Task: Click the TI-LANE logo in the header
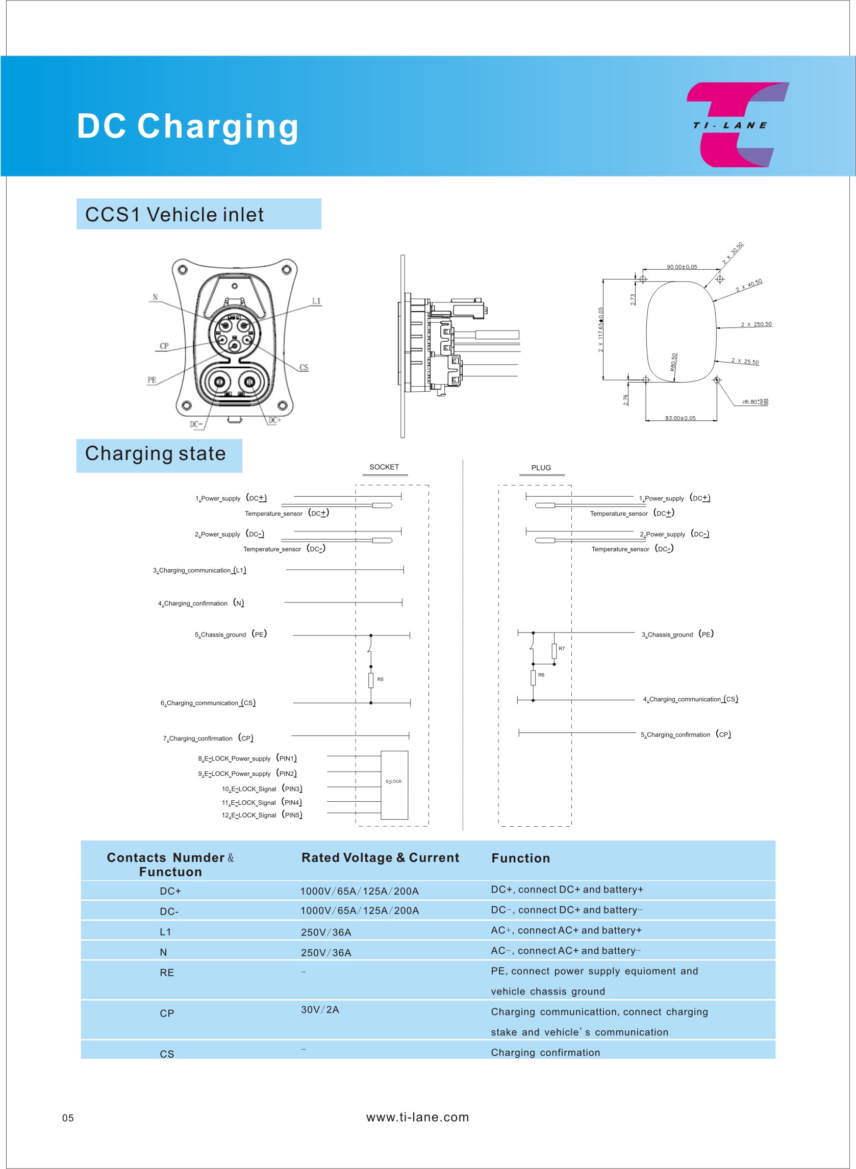tap(736, 125)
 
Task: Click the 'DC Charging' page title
tap(188, 126)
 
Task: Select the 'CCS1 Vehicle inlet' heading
tap(174, 214)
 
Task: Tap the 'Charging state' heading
tap(156, 454)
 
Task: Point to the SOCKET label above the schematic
tap(384, 467)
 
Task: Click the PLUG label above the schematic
tap(541, 468)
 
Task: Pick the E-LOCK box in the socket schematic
tap(394, 784)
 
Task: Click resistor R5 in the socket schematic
tap(371, 679)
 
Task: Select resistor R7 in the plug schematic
tap(555, 650)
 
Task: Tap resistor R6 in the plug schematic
tap(533, 677)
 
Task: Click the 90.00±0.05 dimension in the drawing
tap(682, 267)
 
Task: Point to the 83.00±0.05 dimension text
tap(681, 418)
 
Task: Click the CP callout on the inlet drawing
tap(164, 346)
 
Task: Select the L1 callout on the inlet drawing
tap(316, 301)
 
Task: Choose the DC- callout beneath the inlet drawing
tap(196, 424)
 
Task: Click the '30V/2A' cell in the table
tap(320, 1009)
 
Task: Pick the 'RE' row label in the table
tap(167, 973)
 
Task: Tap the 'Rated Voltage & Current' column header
tap(381, 858)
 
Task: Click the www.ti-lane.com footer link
tap(418, 1117)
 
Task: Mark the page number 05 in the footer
tap(68, 1117)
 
